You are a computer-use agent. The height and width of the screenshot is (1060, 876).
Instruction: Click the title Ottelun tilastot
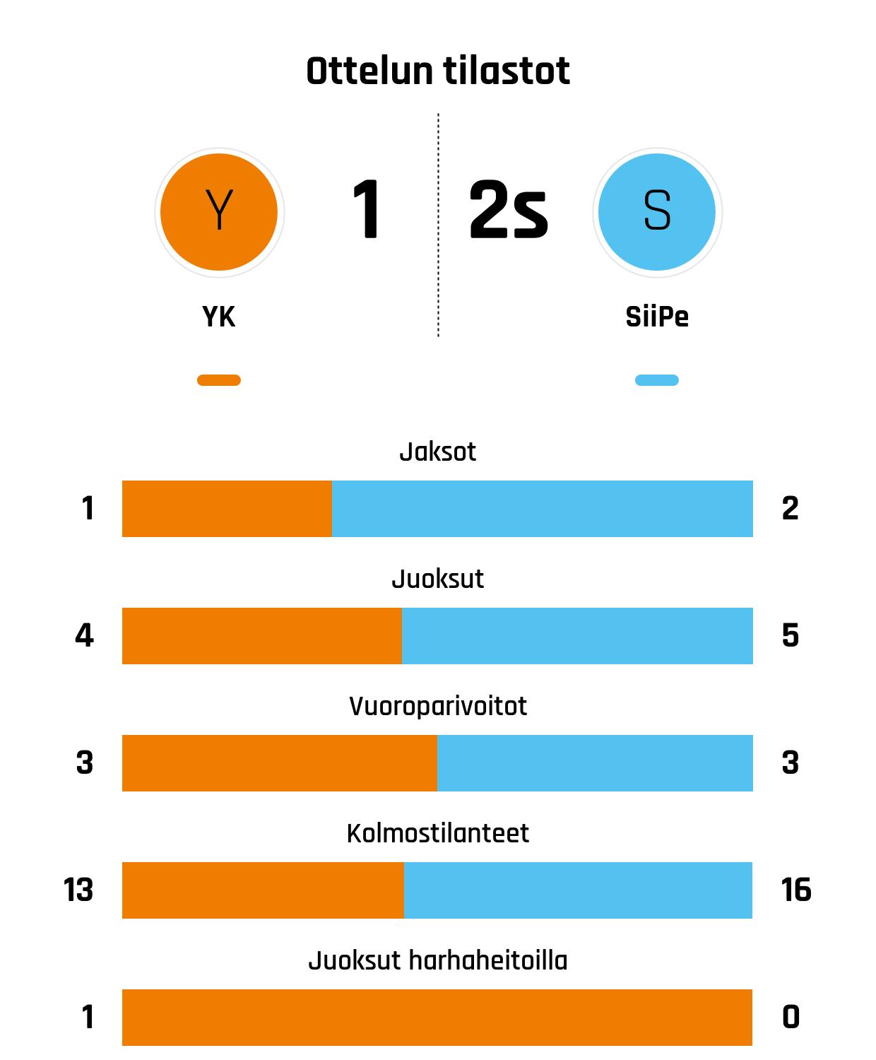pos(438,71)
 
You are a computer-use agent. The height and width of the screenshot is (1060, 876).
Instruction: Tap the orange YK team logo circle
pos(219,212)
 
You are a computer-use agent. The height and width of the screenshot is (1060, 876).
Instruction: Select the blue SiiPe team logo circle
pos(657,212)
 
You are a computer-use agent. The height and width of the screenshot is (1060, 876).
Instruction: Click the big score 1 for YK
pos(366,211)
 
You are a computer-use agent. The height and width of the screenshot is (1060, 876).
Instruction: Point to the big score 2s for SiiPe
pos(508,211)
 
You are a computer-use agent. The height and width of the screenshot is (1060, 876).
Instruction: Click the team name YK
pos(219,317)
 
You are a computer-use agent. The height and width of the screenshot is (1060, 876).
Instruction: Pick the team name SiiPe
pos(657,317)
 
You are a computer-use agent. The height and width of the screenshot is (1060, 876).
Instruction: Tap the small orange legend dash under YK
pos(219,380)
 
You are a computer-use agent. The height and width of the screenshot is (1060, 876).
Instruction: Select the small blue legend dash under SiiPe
pos(657,380)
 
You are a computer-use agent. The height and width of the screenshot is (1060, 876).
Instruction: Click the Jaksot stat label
pos(438,452)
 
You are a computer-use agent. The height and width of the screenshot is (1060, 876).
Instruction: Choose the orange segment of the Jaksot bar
pos(227,509)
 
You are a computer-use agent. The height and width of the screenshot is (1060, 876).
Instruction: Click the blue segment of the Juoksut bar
pos(577,636)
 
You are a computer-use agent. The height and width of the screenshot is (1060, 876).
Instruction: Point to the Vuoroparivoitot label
pos(438,706)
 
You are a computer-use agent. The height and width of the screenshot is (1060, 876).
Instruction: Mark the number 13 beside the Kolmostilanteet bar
pos(78,890)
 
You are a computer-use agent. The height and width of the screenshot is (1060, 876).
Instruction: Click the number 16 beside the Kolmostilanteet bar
pos(796,890)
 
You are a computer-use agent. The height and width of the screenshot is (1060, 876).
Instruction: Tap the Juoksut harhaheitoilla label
pos(438,960)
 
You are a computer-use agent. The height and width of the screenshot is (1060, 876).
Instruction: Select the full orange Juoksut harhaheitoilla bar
pos(437,1018)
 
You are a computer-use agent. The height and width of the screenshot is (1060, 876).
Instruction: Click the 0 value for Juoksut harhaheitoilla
pos(791,1018)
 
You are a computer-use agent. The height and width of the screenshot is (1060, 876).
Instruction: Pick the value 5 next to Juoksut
pos(791,636)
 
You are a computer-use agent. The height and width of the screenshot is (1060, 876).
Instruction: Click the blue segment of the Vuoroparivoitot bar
pos(595,763)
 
